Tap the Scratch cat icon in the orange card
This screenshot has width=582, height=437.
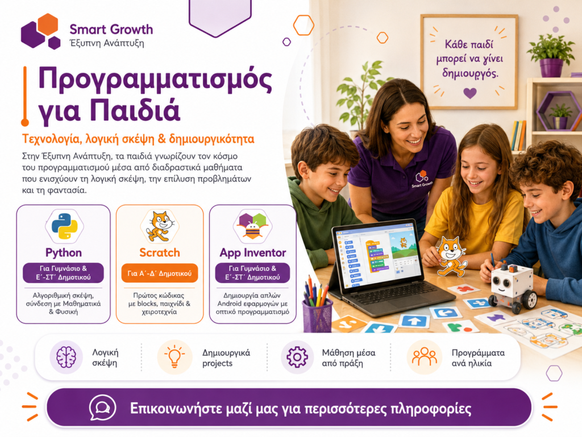(x=160, y=226)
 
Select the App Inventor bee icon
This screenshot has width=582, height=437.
(x=253, y=225)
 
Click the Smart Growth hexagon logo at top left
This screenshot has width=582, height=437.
(x=41, y=31)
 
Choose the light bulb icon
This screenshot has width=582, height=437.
(x=174, y=357)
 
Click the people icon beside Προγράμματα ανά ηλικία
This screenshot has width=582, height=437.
(x=425, y=357)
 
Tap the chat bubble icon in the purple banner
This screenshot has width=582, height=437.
(x=102, y=408)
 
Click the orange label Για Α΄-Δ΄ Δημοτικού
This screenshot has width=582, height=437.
(x=160, y=274)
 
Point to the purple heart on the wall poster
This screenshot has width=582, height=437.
(x=470, y=93)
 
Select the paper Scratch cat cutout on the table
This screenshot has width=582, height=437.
(x=450, y=257)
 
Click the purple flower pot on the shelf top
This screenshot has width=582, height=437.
(x=551, y=67)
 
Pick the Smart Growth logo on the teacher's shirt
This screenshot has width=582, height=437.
(x=422, y=179)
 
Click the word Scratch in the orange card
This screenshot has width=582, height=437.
(x=160, y=253)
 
